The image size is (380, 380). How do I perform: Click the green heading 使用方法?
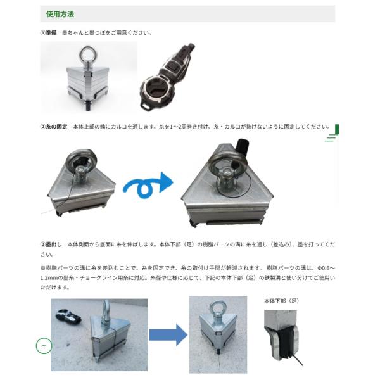[x=60, y=14]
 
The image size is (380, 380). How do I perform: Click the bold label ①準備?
[x=49, y=33]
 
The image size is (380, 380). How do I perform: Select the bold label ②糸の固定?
[x=54, y=127]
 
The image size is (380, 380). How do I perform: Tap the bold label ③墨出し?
[x=51, y=244]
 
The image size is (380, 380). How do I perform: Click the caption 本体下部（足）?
[x=282, y=301]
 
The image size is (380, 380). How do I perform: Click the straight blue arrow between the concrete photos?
[x=168, y=335]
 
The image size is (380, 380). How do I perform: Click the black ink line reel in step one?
[x=167, y=77]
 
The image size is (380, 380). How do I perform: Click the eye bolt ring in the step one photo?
[x=88, y=54]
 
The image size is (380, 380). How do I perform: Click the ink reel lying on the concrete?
[x=68, y=317]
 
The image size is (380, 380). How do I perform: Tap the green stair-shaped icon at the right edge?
[x=332, y=133]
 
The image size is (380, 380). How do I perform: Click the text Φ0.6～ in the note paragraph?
[x=327, y=268]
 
